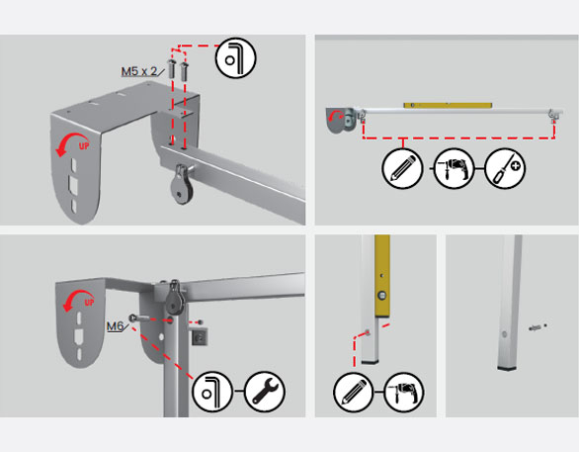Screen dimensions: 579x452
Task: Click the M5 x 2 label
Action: coord(139,71)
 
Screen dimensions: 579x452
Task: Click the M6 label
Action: coord(115,326)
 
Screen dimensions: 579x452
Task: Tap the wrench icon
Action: coord(265,392)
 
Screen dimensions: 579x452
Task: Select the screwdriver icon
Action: coord(505,168)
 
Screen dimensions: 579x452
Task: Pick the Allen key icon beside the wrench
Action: coord(212,392)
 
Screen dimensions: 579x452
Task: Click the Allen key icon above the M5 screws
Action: coord(235,58)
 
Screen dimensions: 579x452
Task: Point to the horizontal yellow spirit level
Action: coord(448,105)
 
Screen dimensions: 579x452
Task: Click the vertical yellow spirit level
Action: coord(382,276)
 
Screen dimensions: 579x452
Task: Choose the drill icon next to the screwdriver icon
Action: coord(454,168)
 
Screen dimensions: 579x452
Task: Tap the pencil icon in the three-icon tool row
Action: coord(402,168)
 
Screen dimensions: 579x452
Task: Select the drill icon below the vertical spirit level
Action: coord(404,392)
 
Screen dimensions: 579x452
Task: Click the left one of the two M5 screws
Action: coord(172,68)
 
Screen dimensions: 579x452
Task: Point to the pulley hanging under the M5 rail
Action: coord(181,187)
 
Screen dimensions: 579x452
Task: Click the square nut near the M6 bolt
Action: coord(200,336)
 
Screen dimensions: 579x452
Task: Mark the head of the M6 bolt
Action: coord(131,317)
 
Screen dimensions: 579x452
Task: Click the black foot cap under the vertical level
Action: coord(370,363)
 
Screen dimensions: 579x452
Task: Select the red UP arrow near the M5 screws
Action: coord(73,143)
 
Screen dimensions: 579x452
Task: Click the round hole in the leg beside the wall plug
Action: coord(505,334)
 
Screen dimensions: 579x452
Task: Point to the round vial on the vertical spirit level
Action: coord(381,296)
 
